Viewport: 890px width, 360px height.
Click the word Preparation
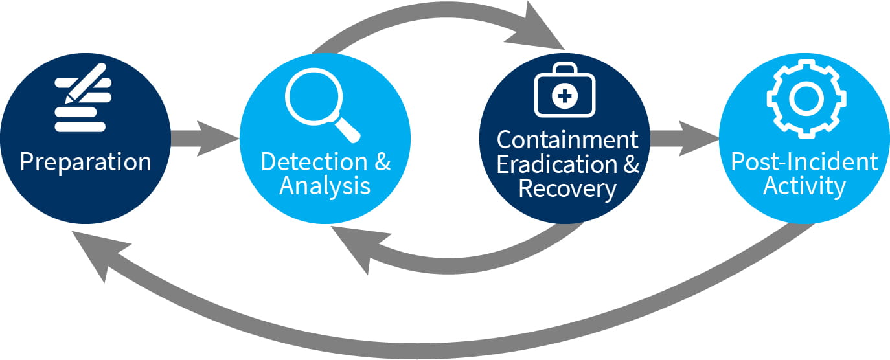85,161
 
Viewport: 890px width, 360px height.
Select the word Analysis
325,186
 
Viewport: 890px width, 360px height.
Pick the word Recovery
567,188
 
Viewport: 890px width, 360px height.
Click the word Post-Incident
804,161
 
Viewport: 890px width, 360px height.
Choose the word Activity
804,186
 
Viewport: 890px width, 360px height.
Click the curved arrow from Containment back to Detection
453,259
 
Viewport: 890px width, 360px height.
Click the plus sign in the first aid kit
564,97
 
